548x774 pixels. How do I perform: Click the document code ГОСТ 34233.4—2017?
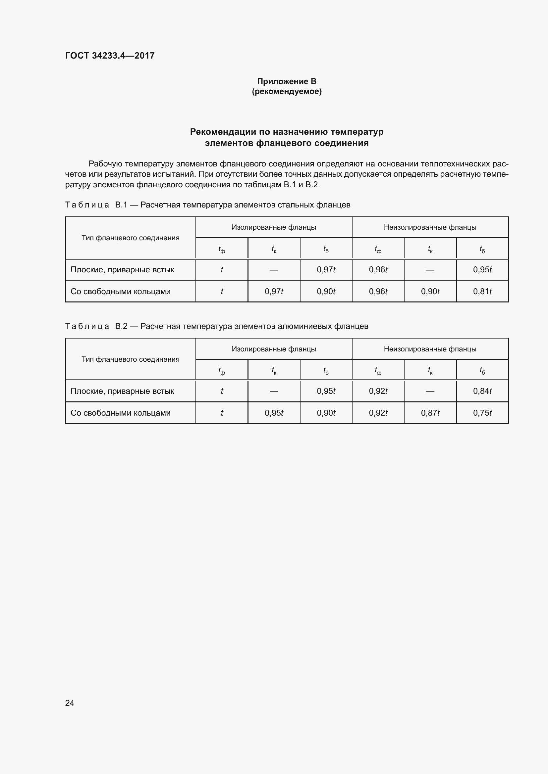pos(110,56)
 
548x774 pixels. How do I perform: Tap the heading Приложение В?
pos(287,81)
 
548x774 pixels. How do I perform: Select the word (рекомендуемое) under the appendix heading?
pos(287,91)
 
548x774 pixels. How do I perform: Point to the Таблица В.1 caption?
pos(207,205)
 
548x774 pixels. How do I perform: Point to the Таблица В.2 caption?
pos(216,326)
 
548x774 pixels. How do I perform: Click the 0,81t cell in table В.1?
pos(482,291)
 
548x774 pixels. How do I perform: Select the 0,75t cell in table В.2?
pos(482,413)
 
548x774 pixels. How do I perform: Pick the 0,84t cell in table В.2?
pos(482,391)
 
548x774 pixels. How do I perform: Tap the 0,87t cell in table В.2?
pos(430,413)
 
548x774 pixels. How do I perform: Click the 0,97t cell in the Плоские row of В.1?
pos(326,270)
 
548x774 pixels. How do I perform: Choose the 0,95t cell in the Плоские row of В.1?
pos(482,270)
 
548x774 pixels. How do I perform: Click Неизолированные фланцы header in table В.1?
pos(430,227)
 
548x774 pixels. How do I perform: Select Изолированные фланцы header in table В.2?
pos(274,349)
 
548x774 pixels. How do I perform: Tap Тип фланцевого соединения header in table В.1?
pos(130,238)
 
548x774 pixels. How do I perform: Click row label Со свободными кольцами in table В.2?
pos(121,413)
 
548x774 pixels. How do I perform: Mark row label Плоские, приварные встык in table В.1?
pos(122,270)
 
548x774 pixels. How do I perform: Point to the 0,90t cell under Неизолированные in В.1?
pos(430,291)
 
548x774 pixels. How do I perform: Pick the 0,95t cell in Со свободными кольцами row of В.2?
pos(274,413)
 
